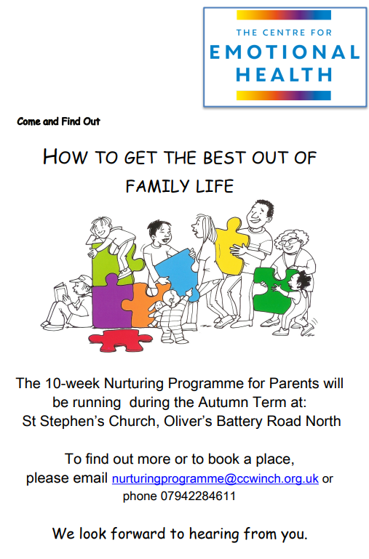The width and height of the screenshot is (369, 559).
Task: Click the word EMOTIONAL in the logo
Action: (285, 52)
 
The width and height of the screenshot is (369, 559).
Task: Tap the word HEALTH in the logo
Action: (284, 75)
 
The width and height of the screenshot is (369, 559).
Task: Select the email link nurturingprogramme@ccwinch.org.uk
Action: (215, 478)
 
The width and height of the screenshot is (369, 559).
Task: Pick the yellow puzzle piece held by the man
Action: (231, 246)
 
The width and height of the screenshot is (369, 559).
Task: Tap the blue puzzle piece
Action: (177, 273)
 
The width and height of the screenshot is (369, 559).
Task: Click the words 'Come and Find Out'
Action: (58, 121)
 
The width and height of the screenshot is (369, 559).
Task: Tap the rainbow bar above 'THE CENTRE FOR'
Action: (284, 15)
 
